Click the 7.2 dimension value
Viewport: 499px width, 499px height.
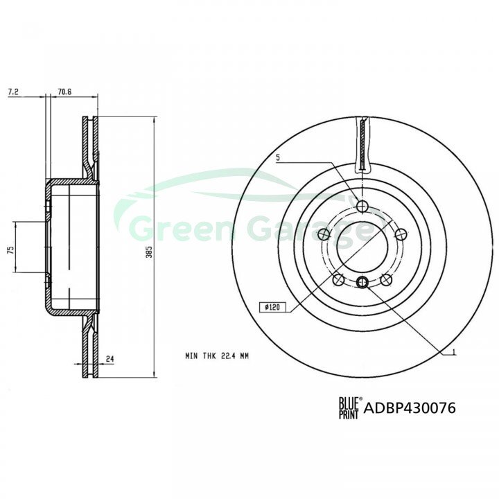coord(13,92)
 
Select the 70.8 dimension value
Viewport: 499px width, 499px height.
coord(64,92)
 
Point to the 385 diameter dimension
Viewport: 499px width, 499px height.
coord(149,252)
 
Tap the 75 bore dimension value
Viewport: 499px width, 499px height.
coord(11,249)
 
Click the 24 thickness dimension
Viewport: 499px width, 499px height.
coord(110,359)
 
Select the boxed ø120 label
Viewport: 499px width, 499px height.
coord(272,307)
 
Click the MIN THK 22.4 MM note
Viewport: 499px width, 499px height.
coord(217,356)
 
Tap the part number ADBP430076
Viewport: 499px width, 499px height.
coord(410,408)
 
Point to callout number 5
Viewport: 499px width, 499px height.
coord(278,157)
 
